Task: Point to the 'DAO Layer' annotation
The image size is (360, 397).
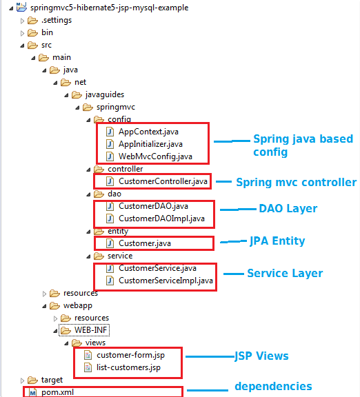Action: point(288,208)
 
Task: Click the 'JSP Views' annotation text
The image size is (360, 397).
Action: point(261,356)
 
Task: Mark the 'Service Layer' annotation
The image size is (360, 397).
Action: point(285,273)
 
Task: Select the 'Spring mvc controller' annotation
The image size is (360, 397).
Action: point(296,182)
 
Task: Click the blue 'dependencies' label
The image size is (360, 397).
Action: point(273,387)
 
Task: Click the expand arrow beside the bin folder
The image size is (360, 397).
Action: point(22,33)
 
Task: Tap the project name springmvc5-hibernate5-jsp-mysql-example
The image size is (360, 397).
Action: point(109,8)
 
